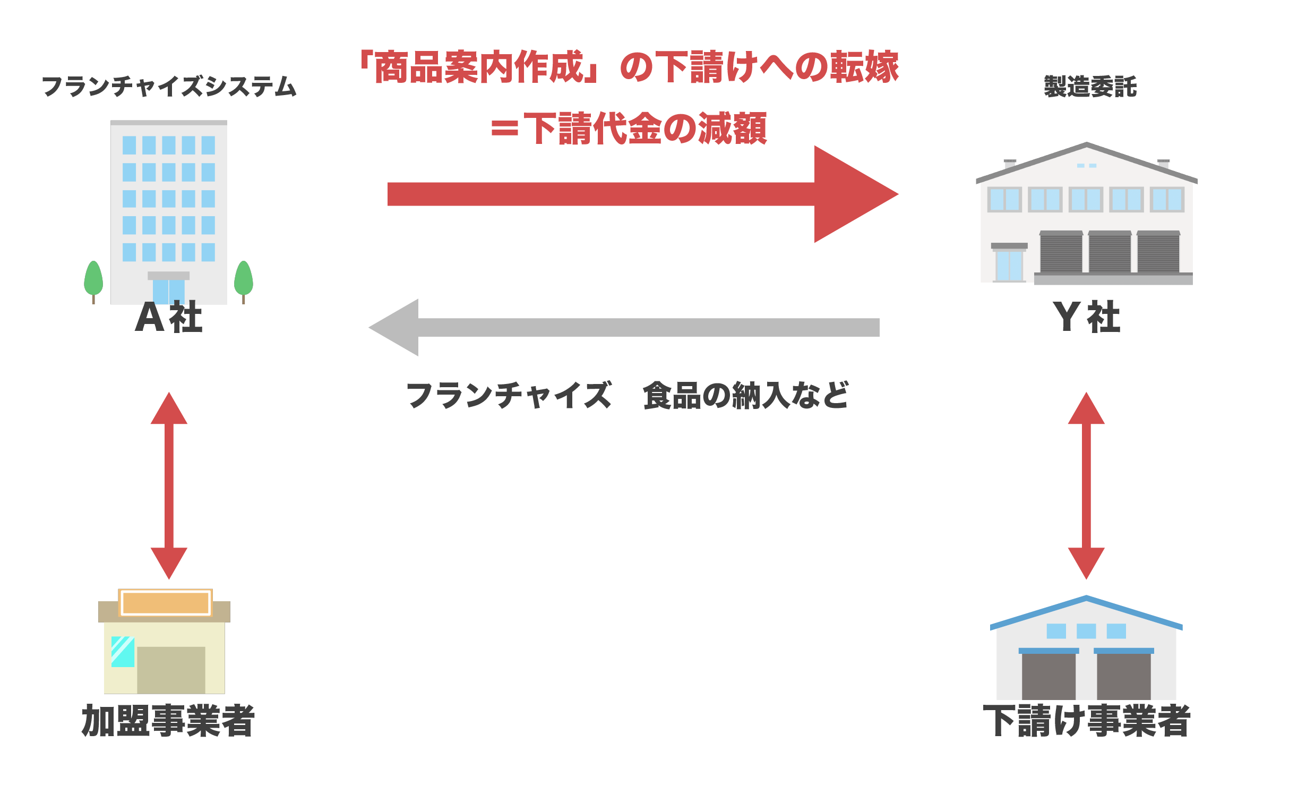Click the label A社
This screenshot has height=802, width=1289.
tap(169, 318)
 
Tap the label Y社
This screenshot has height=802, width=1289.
tap(1086, 318)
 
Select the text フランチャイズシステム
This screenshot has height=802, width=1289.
tap(169, 87)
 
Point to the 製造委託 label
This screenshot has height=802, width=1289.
tap(1090, 87)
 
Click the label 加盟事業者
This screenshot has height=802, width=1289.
tap(168, 721)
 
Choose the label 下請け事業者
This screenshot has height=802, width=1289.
tap(1087, 721)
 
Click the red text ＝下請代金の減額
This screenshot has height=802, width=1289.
tap(629, 129)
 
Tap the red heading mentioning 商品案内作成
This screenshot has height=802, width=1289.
tap(629, 67)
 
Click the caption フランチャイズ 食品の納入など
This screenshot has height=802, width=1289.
tap(626, 396)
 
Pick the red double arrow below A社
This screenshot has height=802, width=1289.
tap(169, 486)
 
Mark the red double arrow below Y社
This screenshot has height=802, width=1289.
tap(1086, 486)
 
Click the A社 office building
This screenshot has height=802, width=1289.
tap(169, 212)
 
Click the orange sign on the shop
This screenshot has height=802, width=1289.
tap(165, 603)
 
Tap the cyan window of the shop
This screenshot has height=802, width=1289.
tap(123, 652)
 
